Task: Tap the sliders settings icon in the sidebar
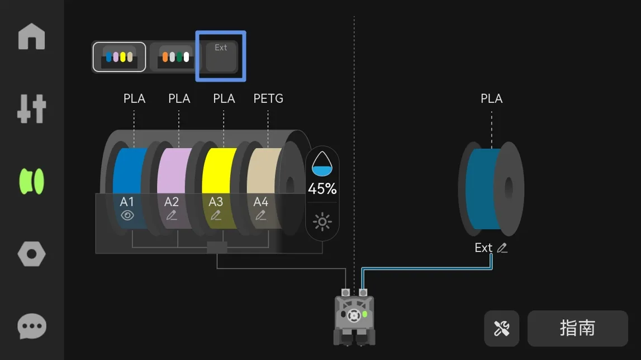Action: coord(31,108)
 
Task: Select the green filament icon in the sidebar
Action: coord(31,181)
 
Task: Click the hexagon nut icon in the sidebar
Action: coord(31,254)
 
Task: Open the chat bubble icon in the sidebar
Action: coord(31,326)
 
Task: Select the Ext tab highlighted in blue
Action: coord(221,56)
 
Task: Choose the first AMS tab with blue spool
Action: coord(120,57)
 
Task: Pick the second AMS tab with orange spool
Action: coord(175,57)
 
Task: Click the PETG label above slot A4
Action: coord(268,98)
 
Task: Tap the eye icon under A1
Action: coord(127,215)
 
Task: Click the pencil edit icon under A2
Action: coord(172,215)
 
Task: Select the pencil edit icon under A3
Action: coord(216,215)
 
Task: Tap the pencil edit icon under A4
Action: coord(260,215)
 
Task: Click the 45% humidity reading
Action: coord(322,188)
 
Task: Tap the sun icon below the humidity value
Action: coord(322,222)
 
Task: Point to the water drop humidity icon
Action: coord(322,164)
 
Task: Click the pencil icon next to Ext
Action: coord(502,248)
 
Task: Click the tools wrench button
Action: coord(502,328)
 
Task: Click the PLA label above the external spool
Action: coord(491,98)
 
